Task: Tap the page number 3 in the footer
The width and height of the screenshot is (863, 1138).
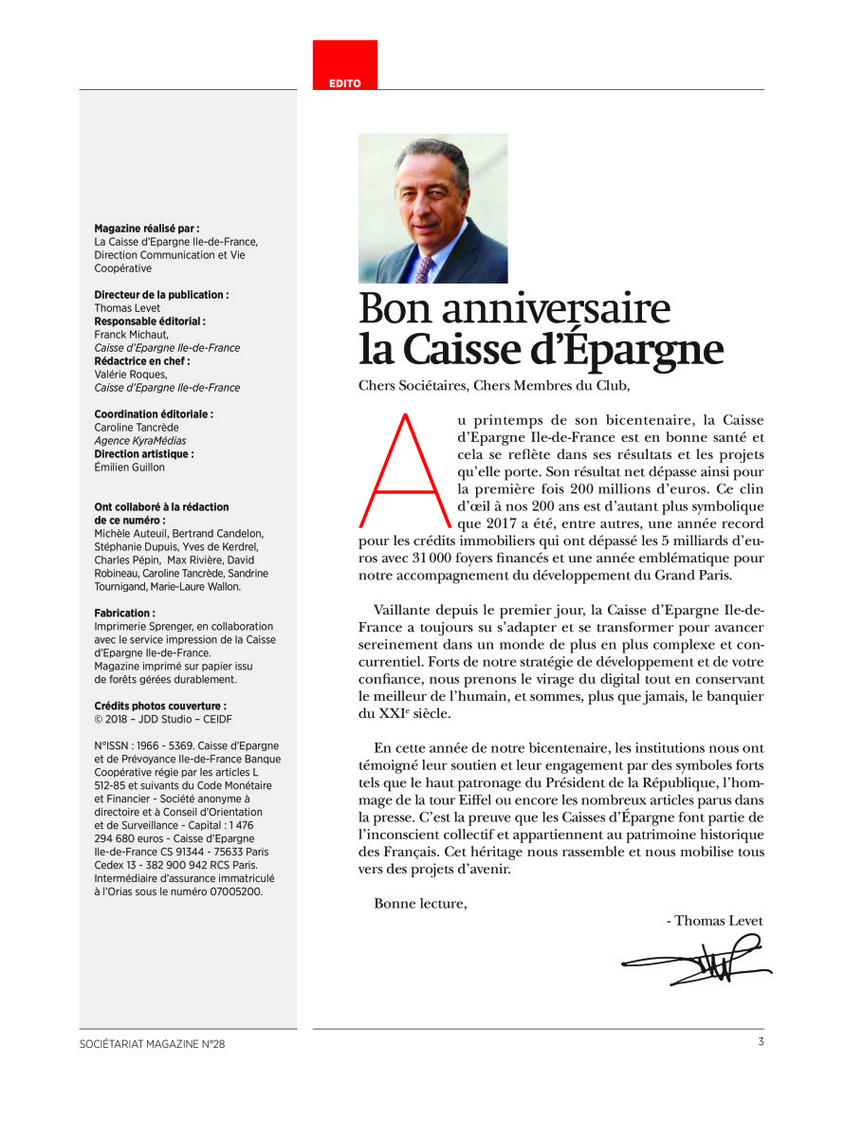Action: point(761,1043)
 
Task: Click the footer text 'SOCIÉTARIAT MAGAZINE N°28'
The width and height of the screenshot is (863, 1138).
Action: point(153,1044)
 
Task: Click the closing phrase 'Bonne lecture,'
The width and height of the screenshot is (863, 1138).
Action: point(420,903)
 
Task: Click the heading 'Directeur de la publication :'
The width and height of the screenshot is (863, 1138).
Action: point(161,295)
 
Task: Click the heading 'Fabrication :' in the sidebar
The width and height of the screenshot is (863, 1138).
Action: point(125,614)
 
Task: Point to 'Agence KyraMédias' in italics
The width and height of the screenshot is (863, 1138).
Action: point(140,441)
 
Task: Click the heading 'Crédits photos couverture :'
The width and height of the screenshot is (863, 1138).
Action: point(160,707)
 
